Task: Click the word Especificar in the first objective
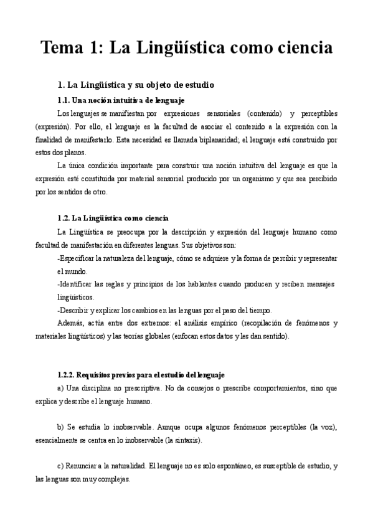coord(78,258)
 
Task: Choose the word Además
coord(70,323)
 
